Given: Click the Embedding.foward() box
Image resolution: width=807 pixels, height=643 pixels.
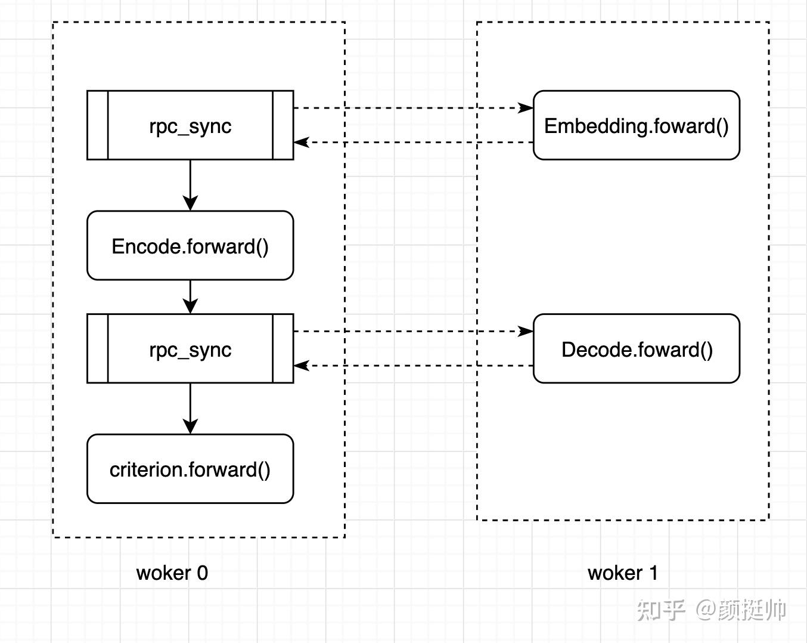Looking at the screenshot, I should [636, 125].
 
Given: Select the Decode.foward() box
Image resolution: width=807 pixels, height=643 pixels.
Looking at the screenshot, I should [636, 349].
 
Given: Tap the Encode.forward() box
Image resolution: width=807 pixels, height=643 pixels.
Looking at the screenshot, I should [190, 246].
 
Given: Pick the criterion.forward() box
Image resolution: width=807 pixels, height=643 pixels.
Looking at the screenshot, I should [190, 469].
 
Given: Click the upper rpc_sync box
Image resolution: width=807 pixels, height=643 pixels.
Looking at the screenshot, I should [190, 125].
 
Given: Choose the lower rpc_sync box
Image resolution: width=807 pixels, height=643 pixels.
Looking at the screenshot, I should [190, 349].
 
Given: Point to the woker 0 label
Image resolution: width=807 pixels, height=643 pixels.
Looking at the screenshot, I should [172, 573].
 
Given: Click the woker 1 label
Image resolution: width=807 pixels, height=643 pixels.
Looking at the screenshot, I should [622, 573].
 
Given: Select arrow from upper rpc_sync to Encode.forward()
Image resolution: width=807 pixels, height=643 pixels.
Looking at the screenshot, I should [190, 184].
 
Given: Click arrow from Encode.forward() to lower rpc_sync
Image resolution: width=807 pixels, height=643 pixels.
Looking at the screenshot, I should [190, 296].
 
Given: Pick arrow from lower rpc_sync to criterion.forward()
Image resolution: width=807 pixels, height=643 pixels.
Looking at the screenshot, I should [190, 407].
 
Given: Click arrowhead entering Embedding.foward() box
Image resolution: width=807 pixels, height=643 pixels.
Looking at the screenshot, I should [526, 108].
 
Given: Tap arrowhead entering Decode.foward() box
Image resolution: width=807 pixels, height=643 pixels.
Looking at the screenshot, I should [526, 331].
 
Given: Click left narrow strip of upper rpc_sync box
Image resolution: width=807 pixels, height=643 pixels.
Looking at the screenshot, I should [98, 125].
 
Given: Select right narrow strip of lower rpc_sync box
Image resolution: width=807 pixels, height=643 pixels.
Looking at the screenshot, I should [283, 349].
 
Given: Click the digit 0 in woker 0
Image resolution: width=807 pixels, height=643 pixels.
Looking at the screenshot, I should [203, 573].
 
